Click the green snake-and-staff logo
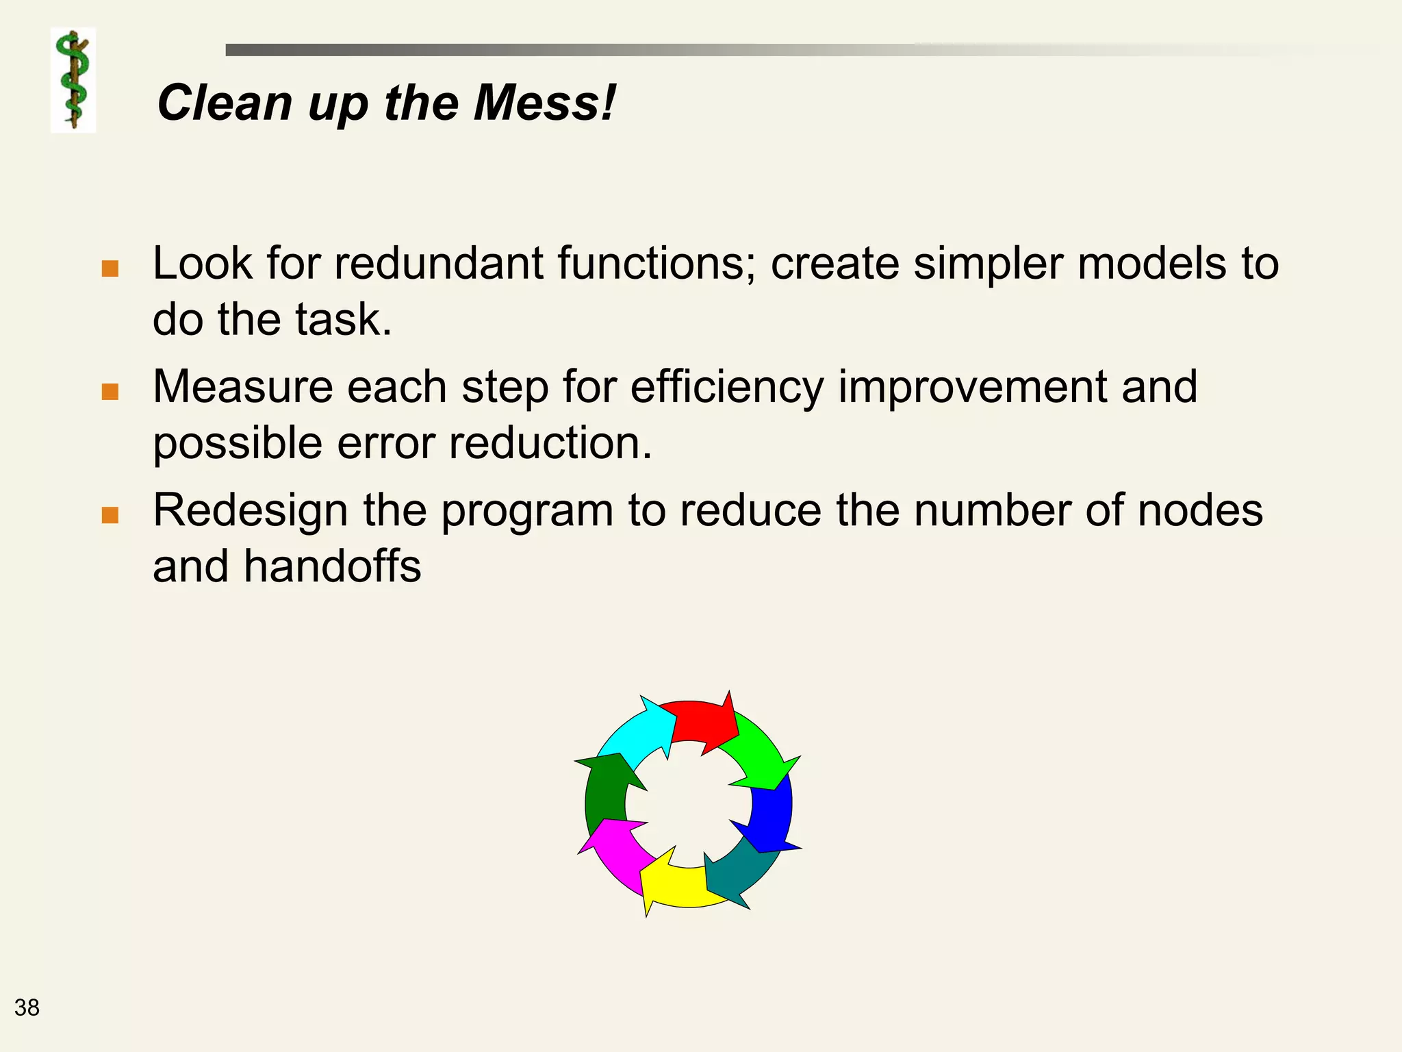[x=73, y=80]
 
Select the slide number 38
[x=27, y=1007]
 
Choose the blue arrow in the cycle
[x=772, y=815]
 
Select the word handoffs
[x=332, y=566]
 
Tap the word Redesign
[x=251, y=512]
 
